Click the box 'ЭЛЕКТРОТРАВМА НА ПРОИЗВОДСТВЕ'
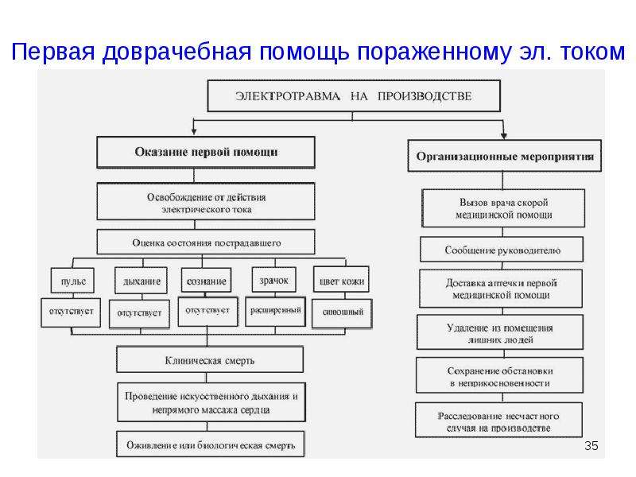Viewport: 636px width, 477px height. click(x=354, y=95)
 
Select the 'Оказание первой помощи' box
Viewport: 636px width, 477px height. click(x=206, y=152)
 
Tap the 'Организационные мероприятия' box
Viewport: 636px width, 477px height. click(x=504, y=156)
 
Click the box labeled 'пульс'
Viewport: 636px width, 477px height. click(x=72, y=281)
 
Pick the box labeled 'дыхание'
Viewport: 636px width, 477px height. click(x=141, y=281)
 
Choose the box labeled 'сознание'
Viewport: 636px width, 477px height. click(x=206, y=280)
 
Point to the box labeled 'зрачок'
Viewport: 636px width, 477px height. click(x=273, y=280)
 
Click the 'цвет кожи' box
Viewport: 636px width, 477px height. click(x=341, y=279)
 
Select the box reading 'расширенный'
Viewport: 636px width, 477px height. click(x=275, y=312)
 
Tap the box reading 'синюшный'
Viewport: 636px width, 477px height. click(x=342, y=313)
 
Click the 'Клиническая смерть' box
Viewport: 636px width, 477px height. click(x=210, y=359)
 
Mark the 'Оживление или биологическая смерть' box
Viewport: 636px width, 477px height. click(x=210, y=444)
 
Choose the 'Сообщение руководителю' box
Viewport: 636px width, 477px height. click(x=502, y=250)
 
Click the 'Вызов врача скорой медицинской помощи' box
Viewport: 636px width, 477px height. click(x=503, y=208)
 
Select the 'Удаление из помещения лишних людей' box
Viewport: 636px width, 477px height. click(x=500, y=332)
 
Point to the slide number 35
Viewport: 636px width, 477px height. click(x=591, y=446)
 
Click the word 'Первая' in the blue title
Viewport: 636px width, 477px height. click(x=52, y=52)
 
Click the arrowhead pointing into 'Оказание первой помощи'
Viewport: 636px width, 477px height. click(x=194, y=131)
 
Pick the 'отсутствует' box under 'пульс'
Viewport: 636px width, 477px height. click(x=71, y=312)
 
